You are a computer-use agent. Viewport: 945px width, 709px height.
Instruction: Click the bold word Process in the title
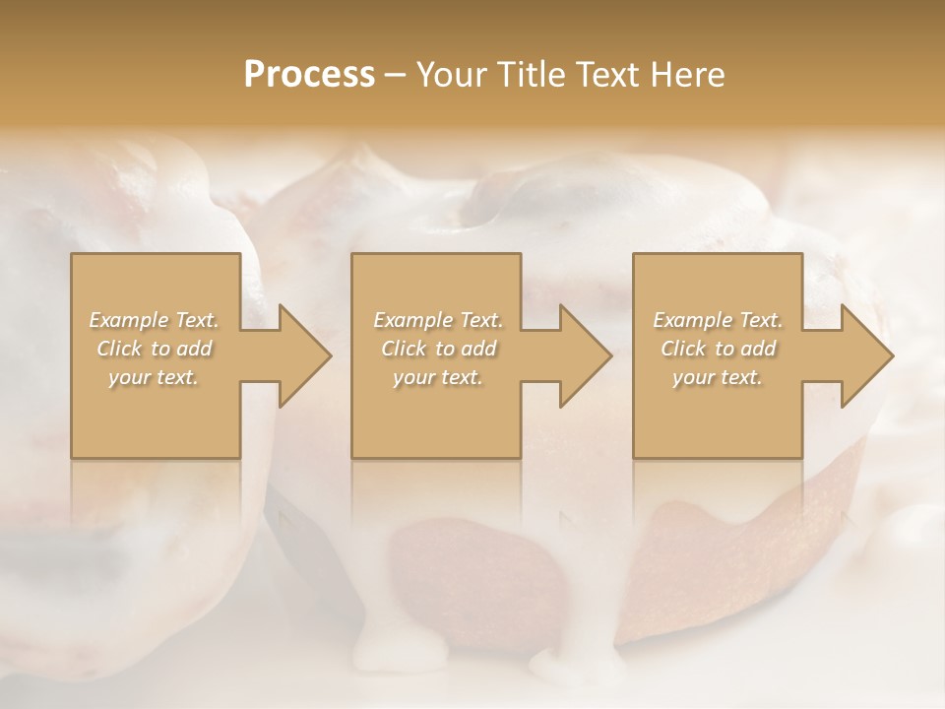pos(309,75)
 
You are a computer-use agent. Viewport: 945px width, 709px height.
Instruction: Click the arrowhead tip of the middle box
pos(610,355)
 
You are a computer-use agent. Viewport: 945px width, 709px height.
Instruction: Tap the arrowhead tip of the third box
pos(892,355)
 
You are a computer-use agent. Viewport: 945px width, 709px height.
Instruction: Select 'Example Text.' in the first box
pos(155,320)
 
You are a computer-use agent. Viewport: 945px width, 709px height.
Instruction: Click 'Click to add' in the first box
pos(155,349)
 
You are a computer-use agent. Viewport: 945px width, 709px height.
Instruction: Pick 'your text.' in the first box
pos(155,377)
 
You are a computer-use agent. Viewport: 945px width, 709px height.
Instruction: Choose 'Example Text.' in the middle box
pos(438,320)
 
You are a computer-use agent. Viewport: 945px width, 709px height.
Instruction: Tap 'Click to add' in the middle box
pos(438,349)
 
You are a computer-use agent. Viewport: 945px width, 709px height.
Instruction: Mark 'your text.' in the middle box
pos(438,377)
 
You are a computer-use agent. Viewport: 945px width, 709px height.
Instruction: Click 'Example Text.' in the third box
pos(718,320)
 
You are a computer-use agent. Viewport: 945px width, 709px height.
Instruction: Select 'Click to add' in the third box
pos(718,349)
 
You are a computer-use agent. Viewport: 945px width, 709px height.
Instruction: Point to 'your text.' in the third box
pos(718,377)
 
